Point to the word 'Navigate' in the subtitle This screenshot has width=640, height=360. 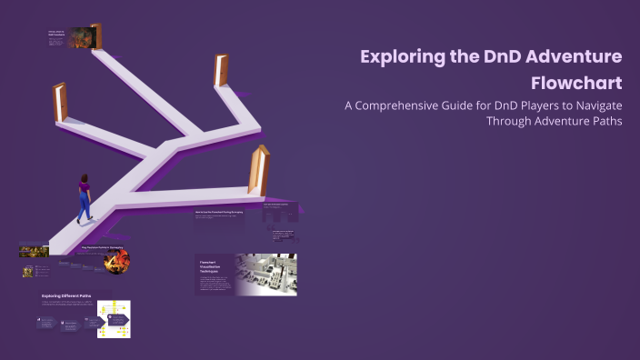coord(592,105)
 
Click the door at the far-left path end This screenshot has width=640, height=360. coord(60,102)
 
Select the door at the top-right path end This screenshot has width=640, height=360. coord(220,70)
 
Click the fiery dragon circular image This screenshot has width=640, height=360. coord(115,260)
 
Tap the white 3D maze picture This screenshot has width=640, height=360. coord(265,274)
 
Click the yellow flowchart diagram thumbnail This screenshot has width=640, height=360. coord(114,319)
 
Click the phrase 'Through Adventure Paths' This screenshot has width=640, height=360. coord(554,120)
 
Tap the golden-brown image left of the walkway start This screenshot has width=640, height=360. coord(34,248)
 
